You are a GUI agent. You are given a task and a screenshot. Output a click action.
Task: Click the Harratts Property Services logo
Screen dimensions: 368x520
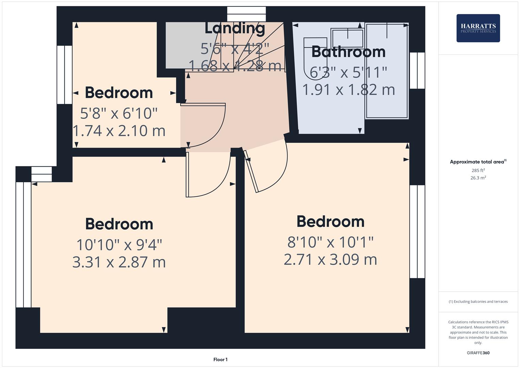(x=478, y=28)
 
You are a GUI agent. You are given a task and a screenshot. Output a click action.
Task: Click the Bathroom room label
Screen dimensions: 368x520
(x=348, y=52)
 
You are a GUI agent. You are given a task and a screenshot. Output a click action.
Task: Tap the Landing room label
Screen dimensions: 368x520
(x=235, y=28)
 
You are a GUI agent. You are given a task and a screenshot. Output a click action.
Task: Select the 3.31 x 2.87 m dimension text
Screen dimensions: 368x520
(x=119, y=262)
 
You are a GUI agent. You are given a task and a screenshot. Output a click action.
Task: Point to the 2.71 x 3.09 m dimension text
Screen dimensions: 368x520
(x=330, y=260)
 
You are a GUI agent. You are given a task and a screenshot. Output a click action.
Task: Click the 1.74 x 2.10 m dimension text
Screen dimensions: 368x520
(x=119, y=131)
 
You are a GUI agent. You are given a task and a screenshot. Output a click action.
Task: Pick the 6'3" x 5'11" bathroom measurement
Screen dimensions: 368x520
(x=348, y=72)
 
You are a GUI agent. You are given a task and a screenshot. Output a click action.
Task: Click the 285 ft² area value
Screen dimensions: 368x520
(x=478, y=170)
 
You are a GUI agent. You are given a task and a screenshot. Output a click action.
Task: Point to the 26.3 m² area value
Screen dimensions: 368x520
(x=478, y=178)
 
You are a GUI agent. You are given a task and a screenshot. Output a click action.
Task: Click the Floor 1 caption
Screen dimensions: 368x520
(x=220, y=359)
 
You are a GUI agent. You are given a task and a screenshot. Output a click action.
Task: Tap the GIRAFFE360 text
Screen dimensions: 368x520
(x=478, y=353)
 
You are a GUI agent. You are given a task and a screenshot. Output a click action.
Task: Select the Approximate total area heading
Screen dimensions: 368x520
(x=478, y=162)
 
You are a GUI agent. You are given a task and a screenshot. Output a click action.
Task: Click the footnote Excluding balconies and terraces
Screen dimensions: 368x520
(x=478, y=302)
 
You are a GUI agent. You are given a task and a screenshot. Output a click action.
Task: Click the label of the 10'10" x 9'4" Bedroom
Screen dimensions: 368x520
(x=119, y=224)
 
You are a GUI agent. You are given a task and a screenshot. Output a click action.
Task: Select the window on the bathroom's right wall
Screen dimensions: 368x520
(x=417, y=71)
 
